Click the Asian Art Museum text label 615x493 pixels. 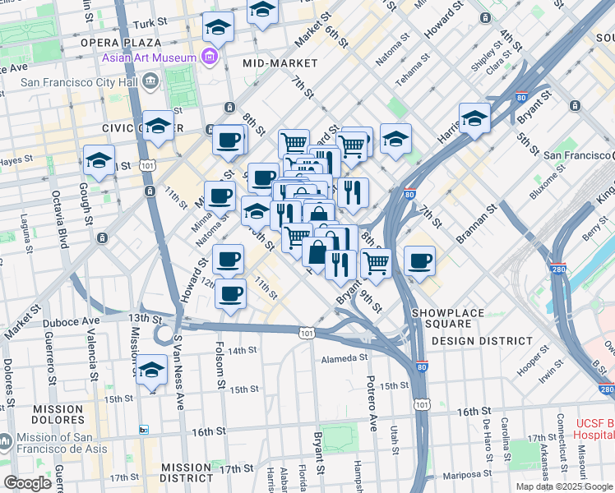(x=149, y=58)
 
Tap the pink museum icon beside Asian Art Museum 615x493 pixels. (x=210, y=58)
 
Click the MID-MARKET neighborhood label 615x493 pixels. (x=280, y=62)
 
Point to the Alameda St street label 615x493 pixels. (x=344, y=358)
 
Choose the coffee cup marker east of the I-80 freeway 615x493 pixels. (x=420, y=260)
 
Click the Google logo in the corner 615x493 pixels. (x=26, y=483)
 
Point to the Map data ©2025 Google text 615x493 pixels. (x=563, y=486)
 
